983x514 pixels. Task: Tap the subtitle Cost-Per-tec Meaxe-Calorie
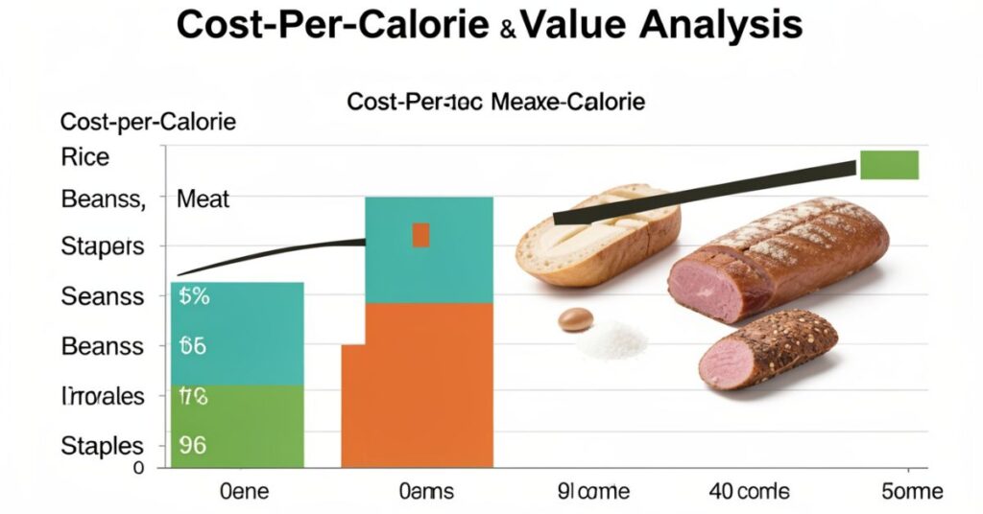coord(496,101)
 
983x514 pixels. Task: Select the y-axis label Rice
coord(85,157)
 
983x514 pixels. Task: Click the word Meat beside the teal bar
coord(204,200)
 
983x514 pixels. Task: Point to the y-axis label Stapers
coord(102,246)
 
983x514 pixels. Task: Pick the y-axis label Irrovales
coord(102,396)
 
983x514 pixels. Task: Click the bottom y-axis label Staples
coord(102,446)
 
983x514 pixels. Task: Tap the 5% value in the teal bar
coord(194,296)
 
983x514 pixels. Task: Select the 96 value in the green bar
coord(193,445)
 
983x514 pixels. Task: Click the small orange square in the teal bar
coord(420,235)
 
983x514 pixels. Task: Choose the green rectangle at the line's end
coord(889,165)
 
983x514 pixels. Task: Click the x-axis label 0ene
coord(245,492)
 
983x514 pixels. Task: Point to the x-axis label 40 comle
coord(749,492)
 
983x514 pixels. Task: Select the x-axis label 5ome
coord(911,492)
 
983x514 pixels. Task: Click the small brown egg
coord(575,319)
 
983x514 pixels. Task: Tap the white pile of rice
coord(611,339)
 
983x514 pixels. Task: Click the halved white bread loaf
coord(598,235)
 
